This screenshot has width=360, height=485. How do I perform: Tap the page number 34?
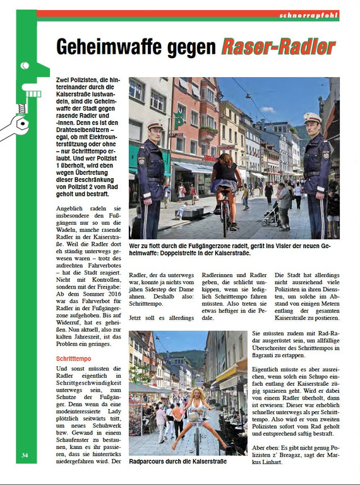tap(24, 455)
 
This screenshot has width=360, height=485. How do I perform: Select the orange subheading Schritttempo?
tap(74, 359)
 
